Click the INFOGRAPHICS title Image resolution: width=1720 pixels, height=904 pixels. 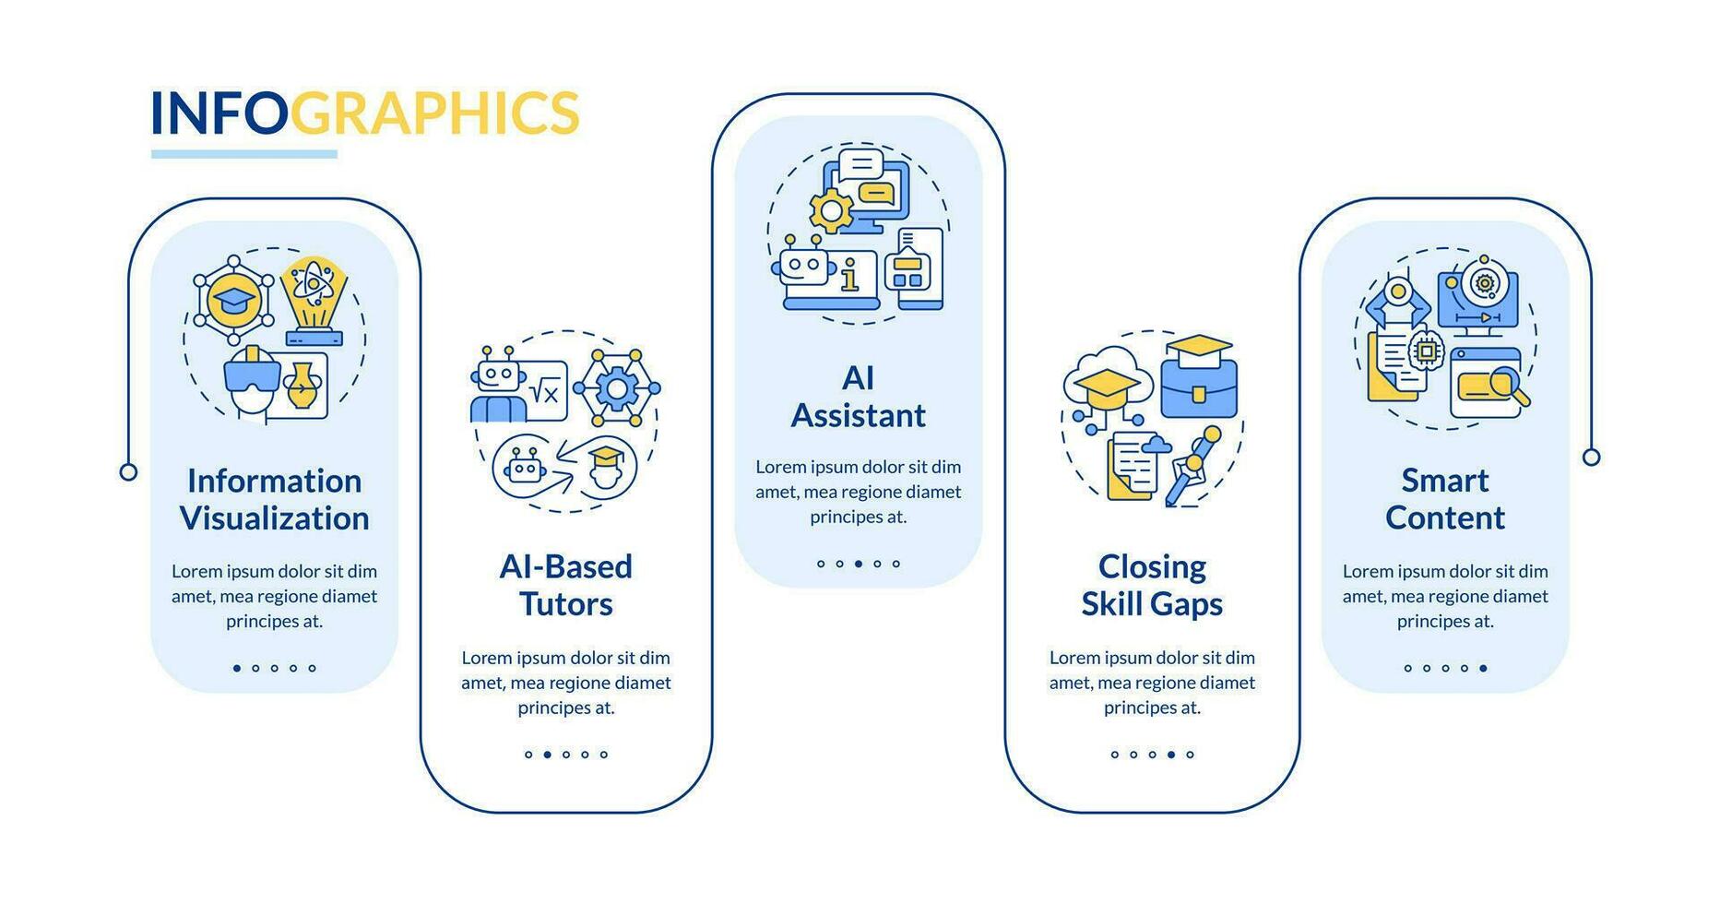click(x=364, y=113)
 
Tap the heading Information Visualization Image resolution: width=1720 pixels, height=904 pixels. click(x=274, y=499)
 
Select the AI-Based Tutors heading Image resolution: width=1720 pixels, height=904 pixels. click(x=565, y=585)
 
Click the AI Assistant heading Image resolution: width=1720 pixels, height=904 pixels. click(x=858, y=397)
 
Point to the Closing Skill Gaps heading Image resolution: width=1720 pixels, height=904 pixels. click(x=1152, y=585)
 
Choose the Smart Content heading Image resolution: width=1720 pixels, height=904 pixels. click(x=1444, y=499)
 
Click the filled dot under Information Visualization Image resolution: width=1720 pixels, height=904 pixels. click(x=237, y=668)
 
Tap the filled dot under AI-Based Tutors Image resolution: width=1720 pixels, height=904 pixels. click(x=547, y=755)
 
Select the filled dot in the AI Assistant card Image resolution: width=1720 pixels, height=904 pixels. click(x=858, y=564)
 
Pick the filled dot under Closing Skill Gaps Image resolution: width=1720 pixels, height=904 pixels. click(x=1171, y=755)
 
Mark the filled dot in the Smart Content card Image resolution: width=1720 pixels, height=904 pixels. click(x=1483, y=668)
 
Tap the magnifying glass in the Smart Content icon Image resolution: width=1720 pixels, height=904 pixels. click(x=1507, y=384)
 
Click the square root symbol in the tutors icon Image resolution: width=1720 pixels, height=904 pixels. click(x=546, y=395)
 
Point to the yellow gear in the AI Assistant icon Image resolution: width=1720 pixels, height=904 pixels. click(x=831, y=211)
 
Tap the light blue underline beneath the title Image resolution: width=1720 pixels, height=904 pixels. click(x=244, y=154)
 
